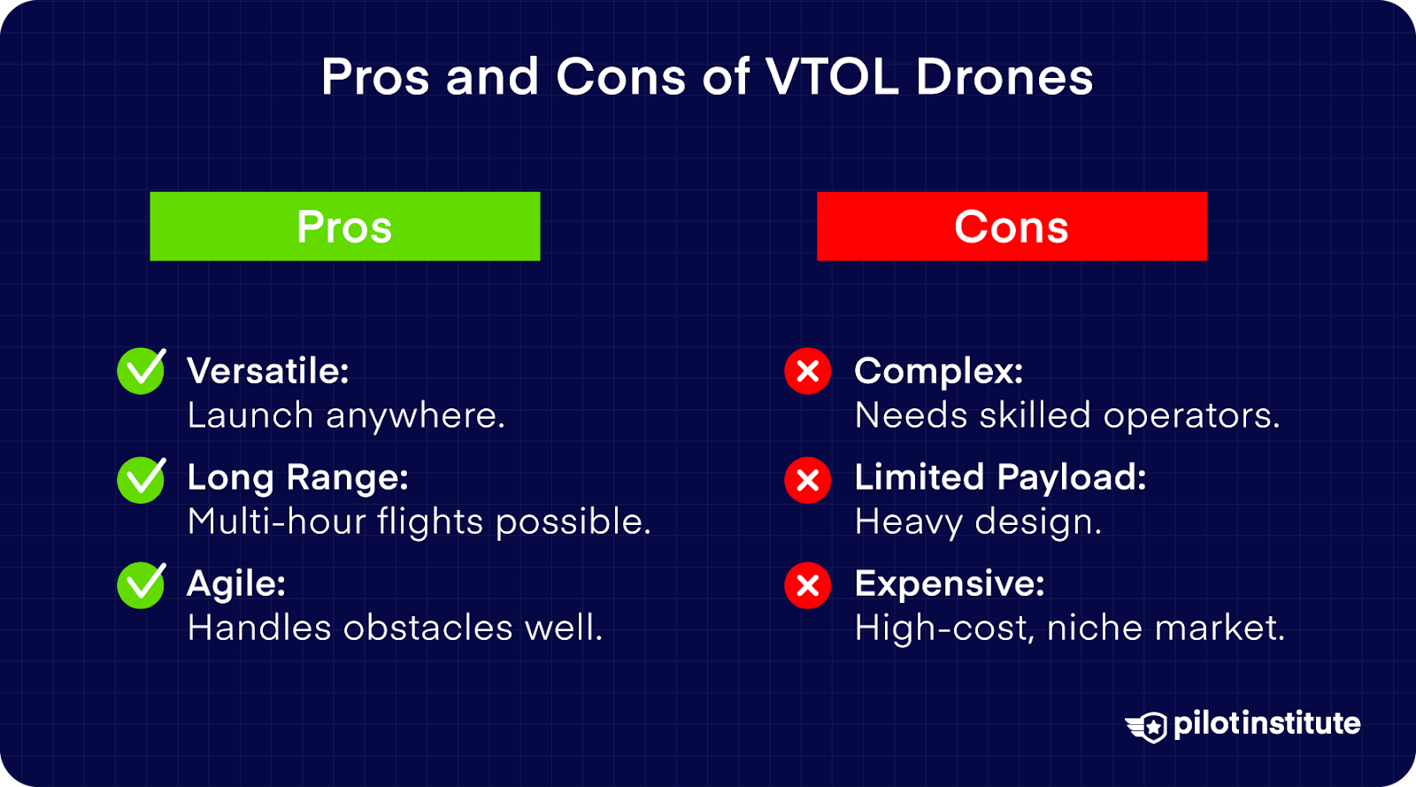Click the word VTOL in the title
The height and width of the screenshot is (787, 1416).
pyautogui.click(x=833, y=77)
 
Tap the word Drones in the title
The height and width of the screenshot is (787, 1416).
pyautogui.click(x=1004, y=77)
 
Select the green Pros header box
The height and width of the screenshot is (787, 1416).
pyautogui.click(x=344, y=227)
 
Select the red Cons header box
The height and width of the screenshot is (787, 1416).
pyautogui.click(x=1012, y=227)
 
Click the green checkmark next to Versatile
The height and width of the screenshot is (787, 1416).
pyautogui.click(x=141, y=371)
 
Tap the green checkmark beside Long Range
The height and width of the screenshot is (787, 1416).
pyautogui.click(x=141, y=480)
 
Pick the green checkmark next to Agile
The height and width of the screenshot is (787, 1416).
pyautogui.click(x=141, y=585)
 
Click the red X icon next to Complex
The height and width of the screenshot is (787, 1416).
pyautogui.click(x=807, y=371)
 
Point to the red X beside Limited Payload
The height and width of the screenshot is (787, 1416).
pyautogui.click(x=807, y=480)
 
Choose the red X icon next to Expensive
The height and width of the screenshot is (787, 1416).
pyautogui.click(x=807, y=585)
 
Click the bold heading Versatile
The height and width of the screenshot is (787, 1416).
pyautogui.click(x=268, y=371)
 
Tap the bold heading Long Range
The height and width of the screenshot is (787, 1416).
pyautogui.click(x=297, y=478)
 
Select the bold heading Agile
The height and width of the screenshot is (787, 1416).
pyautogui.click(x=236, y=584)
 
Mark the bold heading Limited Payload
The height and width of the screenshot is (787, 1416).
pyautogui.click(x=1000, y=478)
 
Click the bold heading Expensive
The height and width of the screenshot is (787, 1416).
pyautogui.click(x=950, y=584)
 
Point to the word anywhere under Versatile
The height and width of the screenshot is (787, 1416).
pyautogui.click(x=415, y=416)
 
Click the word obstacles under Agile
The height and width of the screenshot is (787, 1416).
pyautogui.click(x=427, y=629)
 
